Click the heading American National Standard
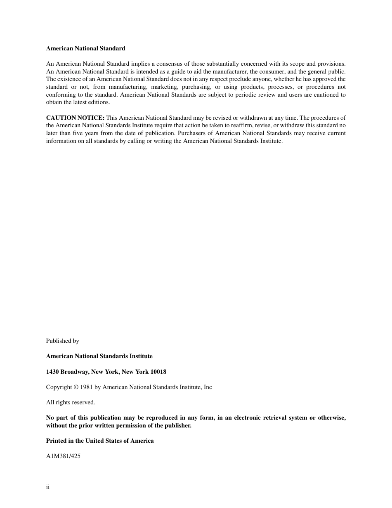pos(85,48)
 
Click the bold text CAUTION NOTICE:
pos(75,118)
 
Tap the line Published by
pos(62,341)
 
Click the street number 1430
pos(52,372)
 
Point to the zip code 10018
pos(158,372)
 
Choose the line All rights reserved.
pos(71,402)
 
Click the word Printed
pos(57,441)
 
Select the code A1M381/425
pos(63,456)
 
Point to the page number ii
pos(48,487)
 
